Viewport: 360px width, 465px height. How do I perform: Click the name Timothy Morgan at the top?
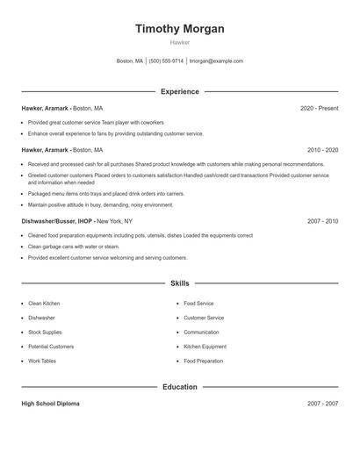[x=179, y=29]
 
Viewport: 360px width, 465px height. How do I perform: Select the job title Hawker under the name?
[x=179, y=42]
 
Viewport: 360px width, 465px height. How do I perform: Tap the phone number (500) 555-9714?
[x=166, y=61]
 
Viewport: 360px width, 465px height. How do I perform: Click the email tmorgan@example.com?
[x=216, y=61]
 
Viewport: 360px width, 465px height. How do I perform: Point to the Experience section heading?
[x=179, y=91]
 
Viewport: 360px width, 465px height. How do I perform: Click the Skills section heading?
[x=179, y=283]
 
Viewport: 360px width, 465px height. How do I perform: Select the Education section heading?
[x=179, y=387]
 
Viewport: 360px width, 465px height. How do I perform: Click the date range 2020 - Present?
[x=319, y=108]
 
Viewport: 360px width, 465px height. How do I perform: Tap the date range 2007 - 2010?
[x=322, y=221]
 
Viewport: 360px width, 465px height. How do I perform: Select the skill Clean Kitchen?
[x=44, y=304]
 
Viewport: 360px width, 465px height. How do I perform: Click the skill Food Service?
[x=198, y=304]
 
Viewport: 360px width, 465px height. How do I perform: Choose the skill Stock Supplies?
[x=46, y=333]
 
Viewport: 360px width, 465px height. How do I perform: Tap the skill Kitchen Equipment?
[x=205, y=347]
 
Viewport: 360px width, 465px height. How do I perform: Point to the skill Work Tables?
[x=42, y=361]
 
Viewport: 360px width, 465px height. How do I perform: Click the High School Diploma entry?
[x=52, y=404]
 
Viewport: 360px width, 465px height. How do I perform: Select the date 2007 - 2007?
[x=322, y=404]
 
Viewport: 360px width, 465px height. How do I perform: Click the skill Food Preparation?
[x=204, y=361]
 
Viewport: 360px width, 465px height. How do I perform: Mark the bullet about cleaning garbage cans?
[x=72, y=247]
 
